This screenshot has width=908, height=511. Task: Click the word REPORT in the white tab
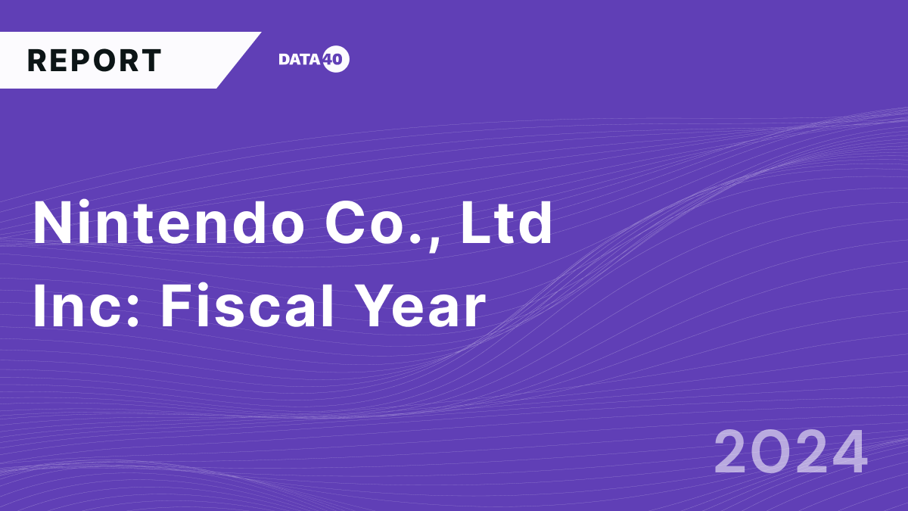click(95, 61)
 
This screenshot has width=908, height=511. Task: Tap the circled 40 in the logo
click(336, 60)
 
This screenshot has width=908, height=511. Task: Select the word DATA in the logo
click(300, 60)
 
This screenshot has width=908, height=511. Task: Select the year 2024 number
click(790, 452)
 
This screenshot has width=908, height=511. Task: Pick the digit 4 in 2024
click(847, 452)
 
